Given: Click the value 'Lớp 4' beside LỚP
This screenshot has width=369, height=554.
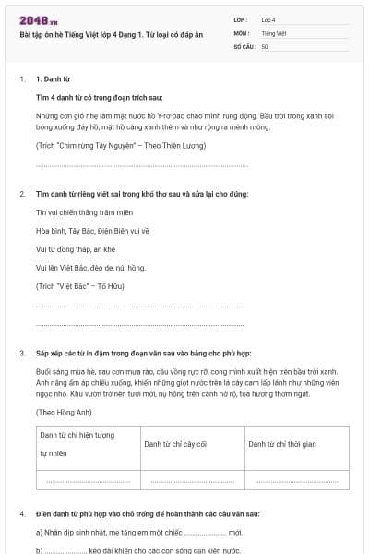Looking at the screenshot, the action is (268, 19).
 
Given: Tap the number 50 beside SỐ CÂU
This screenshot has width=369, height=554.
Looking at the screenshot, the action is (265, 46).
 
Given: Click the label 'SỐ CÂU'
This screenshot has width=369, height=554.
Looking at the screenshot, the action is (243, 46).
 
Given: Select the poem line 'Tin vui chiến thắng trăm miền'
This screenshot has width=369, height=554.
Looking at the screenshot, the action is (78, 211).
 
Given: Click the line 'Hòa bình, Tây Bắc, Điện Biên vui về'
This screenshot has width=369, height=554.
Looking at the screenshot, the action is (85, 231).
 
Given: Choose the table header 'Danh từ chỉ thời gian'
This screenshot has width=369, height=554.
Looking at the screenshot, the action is (281, 444).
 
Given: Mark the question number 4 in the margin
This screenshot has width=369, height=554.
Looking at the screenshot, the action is (21, 512).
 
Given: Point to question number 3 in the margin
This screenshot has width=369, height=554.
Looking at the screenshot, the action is (21, 354).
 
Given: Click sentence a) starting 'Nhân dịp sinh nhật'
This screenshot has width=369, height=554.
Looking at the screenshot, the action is (138, 533).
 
